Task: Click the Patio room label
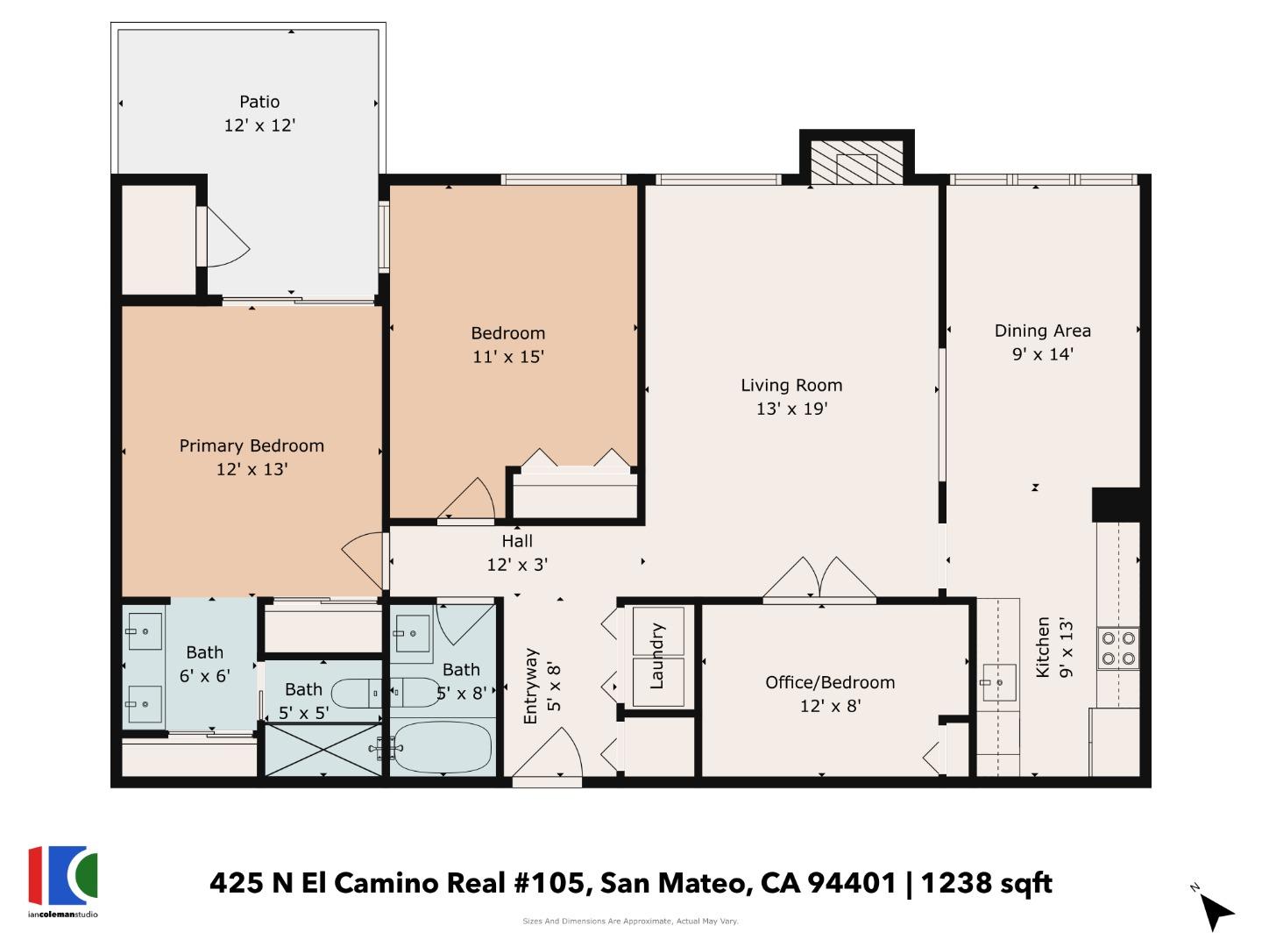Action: tap(259, 102)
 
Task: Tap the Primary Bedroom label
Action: tap(252, 445)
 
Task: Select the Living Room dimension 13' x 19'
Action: tap(791, 409)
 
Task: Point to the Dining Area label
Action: tap(1042, 331)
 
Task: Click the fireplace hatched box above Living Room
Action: tap(856, 163)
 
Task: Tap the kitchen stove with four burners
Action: tap(1118, 649)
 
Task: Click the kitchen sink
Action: tap(998, 683)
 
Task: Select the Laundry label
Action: tap(658, 657)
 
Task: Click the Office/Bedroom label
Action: tap(830, 682)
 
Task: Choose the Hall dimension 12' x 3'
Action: tap(517, 565)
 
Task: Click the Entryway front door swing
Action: tap(550, 756)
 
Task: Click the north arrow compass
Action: tap(1214, 910)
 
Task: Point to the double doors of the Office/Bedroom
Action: tap(819, 580)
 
